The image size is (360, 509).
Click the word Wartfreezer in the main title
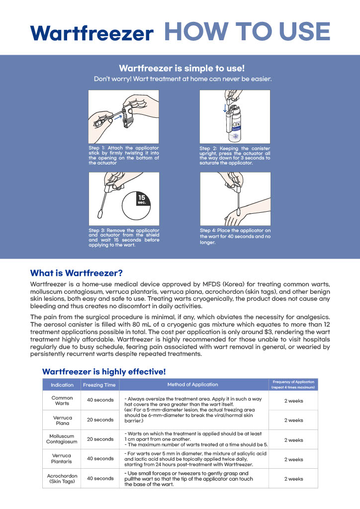91,33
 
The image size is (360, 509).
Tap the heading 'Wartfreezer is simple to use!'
181,68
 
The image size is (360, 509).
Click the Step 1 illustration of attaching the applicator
123,116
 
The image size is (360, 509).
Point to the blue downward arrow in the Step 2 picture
225,107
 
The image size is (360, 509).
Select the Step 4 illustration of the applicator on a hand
235,198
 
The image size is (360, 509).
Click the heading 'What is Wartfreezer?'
76,273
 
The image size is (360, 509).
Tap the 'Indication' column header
62,385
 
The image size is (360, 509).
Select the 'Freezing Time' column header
99,385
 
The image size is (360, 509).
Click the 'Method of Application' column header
192,384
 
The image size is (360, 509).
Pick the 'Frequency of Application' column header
293,384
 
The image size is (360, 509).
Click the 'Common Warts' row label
62,400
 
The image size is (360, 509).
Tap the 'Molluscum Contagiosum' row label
62,439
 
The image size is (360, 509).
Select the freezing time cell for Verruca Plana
100,420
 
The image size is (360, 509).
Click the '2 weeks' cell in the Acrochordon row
293,479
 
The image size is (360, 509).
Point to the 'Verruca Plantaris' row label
62,458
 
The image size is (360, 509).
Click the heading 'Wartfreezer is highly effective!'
104,371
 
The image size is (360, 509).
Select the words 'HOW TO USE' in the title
247,31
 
